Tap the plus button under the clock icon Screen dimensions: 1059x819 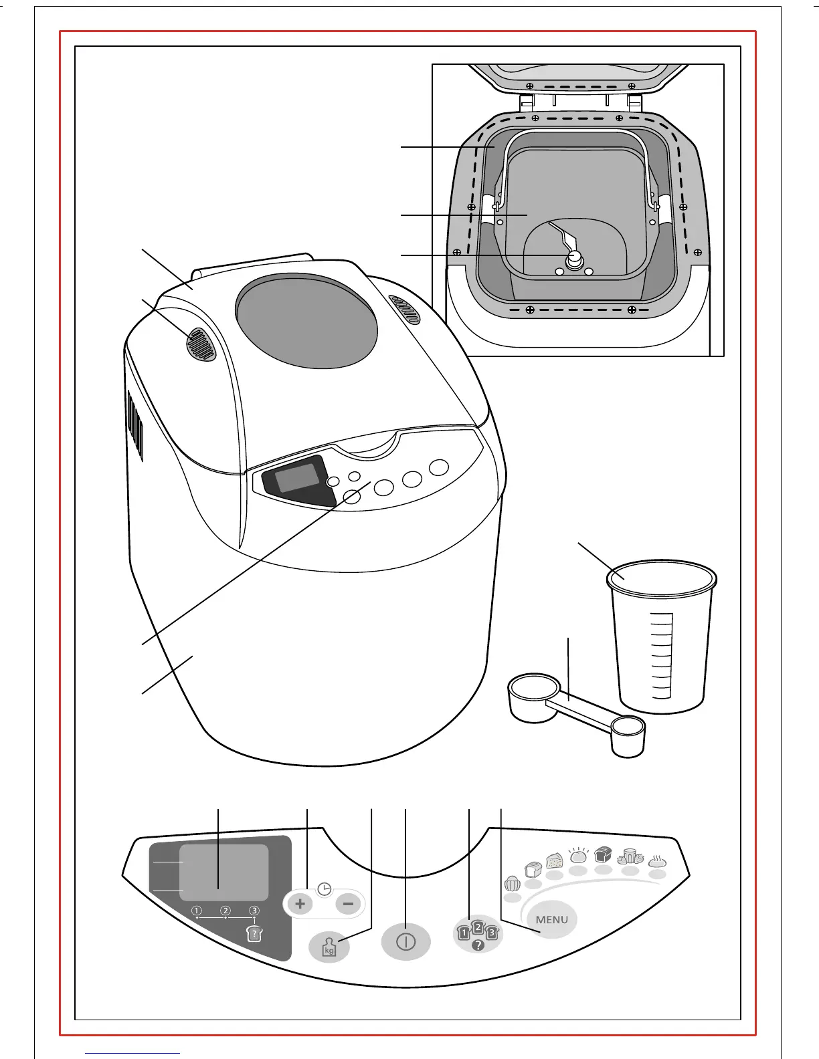coord(300,905)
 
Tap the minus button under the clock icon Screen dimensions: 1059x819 coord(348,905)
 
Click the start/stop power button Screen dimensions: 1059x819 coord(405,942)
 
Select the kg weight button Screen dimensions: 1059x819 coord(329,947)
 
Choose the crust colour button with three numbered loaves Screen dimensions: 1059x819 coord(478,934)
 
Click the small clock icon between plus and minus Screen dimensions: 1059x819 coord(325,889)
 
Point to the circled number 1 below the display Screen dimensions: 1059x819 coord(197,911)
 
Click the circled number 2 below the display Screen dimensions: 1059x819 coord(225,911)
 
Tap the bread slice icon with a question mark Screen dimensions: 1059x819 coord(254,934)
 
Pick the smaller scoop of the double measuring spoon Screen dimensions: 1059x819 coord(628,735)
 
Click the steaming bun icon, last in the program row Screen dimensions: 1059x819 coord(657,862)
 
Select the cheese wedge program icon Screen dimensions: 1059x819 coord(555,861)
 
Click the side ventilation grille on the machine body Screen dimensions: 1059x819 coord(135,425)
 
